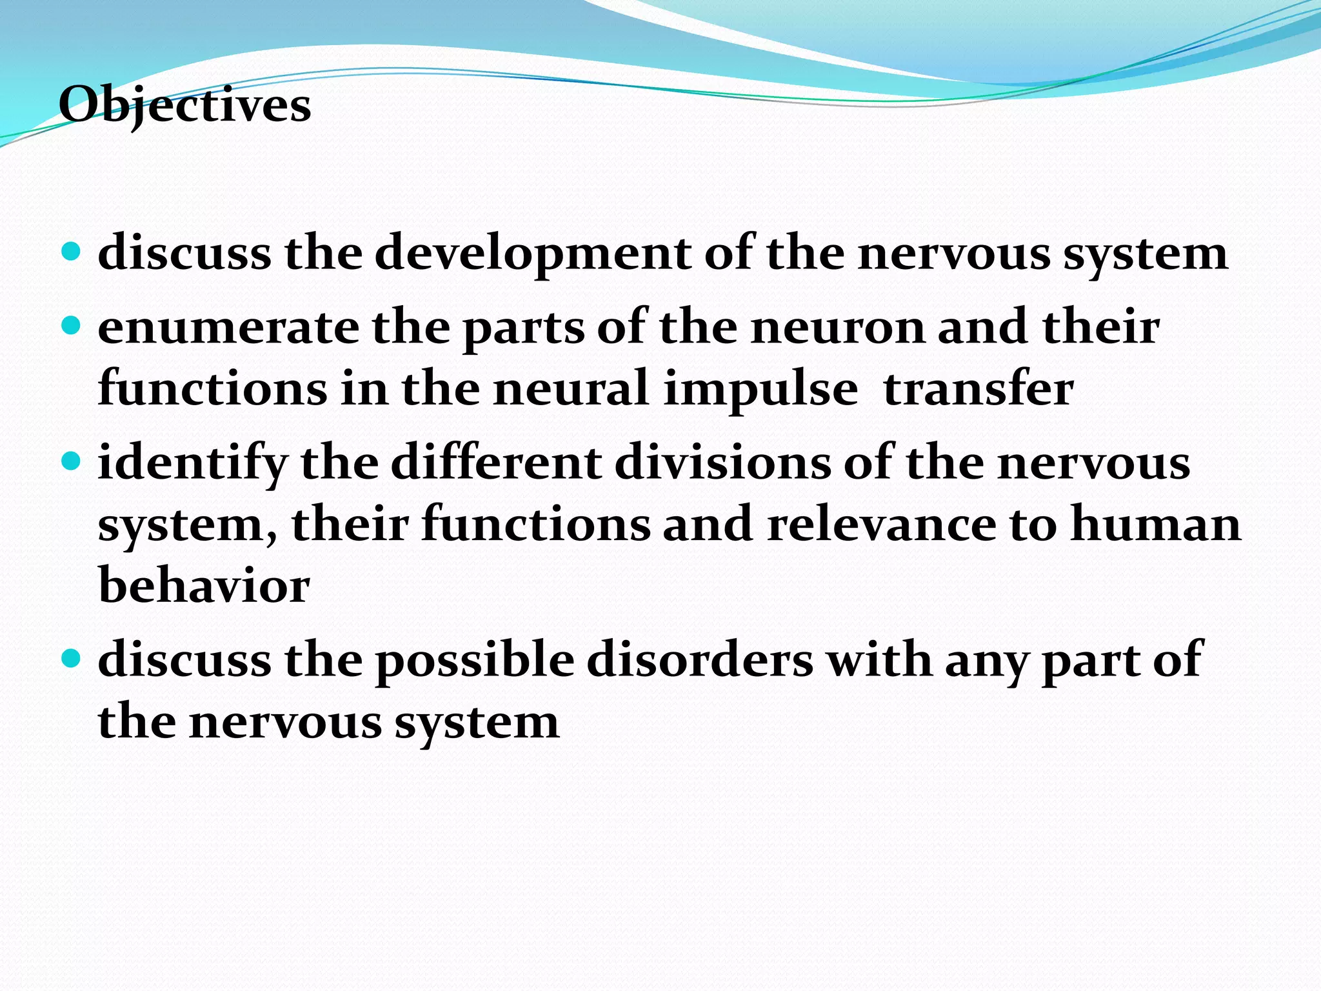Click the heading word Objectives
pyautogui.click(x=184, y=105)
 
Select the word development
pyautogui.click(x=533, y=254)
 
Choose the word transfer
pyautogui.click(x=978, y=389)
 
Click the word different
pyautogui.click(x=496, y=463)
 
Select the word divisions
pyautogui.click(x=722, y=463)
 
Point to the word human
pyautogui.click(x=1155, y=525)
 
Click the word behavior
pyautogui.click(x=204, y=586)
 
